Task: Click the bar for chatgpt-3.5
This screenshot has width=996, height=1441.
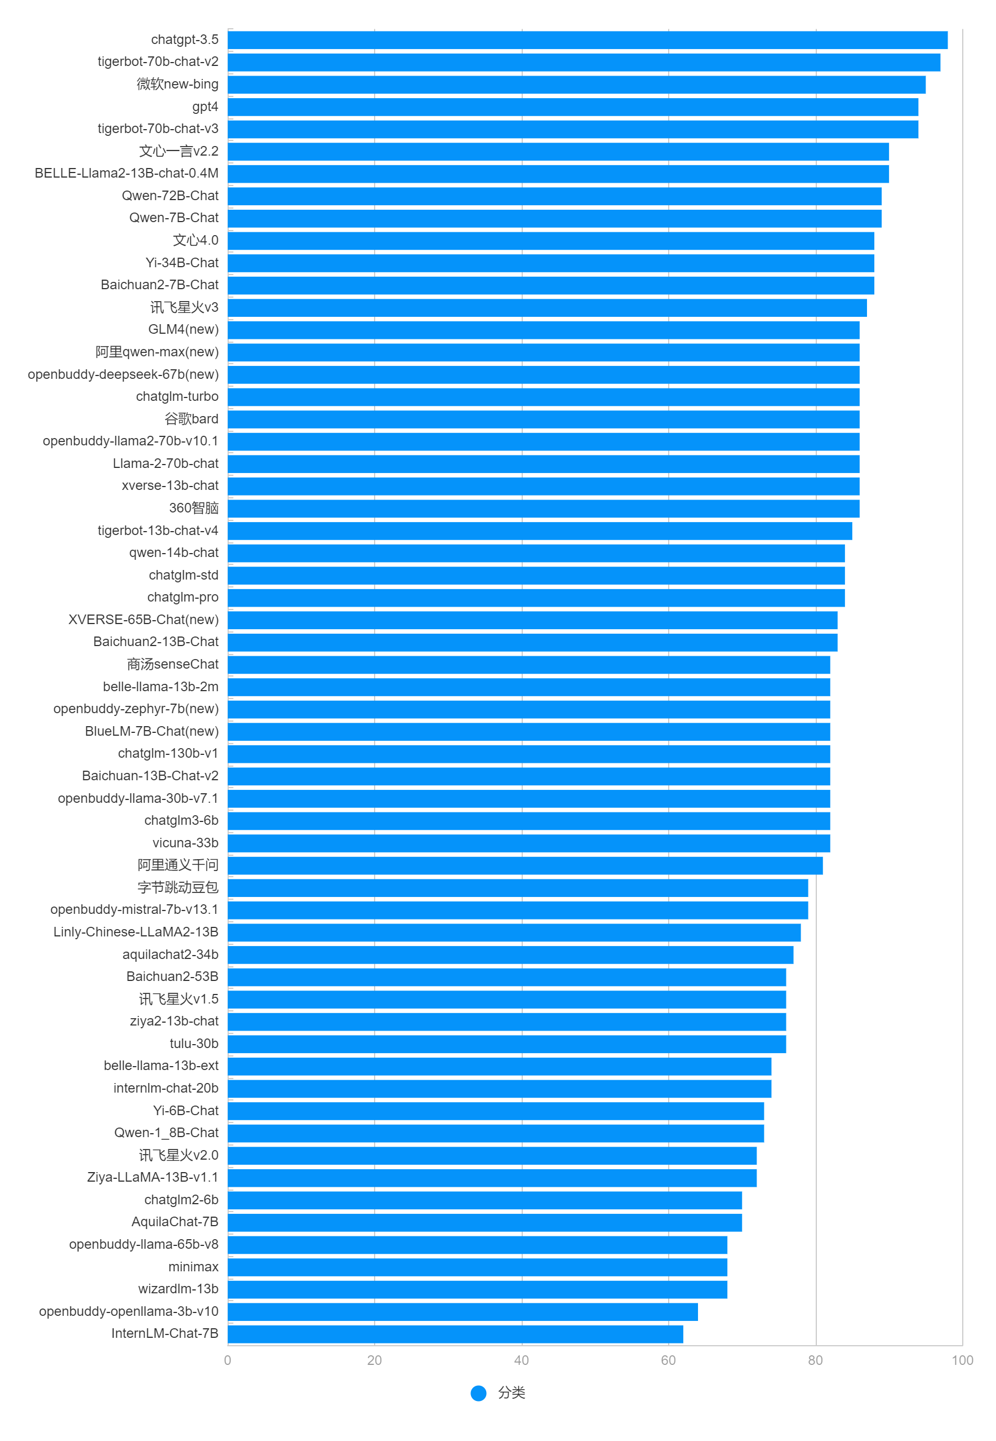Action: tap(586, 40)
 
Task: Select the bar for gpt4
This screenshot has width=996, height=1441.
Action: tap(572, 107)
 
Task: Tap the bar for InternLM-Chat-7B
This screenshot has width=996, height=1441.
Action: tap(455, 1334)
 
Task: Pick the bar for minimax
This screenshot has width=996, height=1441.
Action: tap(477, 1267)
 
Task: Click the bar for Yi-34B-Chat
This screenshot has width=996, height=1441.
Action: tap(550, 263)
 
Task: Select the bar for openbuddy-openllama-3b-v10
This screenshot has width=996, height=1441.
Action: tap(463, 1312)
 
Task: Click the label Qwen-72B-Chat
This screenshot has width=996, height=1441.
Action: tap(170, 196)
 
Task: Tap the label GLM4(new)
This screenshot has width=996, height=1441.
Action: tap(183, 330)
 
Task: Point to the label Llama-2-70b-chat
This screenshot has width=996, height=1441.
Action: tap(166, 464)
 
